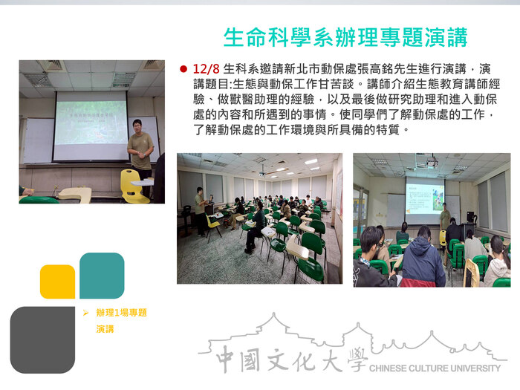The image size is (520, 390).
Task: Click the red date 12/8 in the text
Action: [206, 68]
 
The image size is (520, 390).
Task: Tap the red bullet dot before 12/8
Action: [183, 68]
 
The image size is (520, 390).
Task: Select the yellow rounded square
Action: [57, 282]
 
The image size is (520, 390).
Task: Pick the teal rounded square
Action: [101, 276]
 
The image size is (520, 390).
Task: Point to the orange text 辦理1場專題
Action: [121, 313]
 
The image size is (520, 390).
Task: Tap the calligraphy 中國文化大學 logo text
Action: [290, 360]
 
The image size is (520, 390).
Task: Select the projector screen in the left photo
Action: [90, 125]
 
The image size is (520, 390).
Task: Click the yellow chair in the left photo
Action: [134, 186]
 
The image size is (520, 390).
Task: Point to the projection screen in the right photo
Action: [424, 198]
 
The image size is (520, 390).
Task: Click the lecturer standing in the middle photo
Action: [199, 209]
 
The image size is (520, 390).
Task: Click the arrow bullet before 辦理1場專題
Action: [85, 313]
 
